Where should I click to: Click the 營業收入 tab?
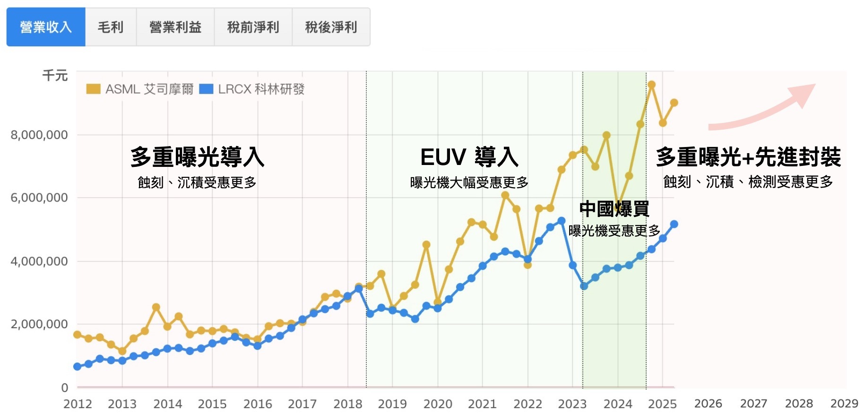(46, 27)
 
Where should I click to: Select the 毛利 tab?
(111, 27)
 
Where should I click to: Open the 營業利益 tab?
(175, 27)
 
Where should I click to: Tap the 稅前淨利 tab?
(253, 27)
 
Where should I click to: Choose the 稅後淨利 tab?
(331, 27)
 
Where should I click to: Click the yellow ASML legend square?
(93, 89)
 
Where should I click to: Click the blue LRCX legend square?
(206, 89)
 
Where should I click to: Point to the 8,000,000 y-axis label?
(39, 135)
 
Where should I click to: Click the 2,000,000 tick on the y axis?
(39, 324)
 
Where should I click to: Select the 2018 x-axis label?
(347, 404)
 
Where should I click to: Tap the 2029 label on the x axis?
(844, 404)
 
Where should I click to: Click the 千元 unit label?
(55, 76)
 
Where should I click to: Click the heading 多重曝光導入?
(197, 157)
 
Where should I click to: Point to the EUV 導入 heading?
(469, 157)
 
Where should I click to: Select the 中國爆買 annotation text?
(614, 208)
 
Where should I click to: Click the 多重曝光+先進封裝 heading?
(748, 157)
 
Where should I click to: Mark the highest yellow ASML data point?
(651, 85)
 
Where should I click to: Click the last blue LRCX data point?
(674, 224)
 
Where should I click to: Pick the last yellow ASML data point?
(674, 103)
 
